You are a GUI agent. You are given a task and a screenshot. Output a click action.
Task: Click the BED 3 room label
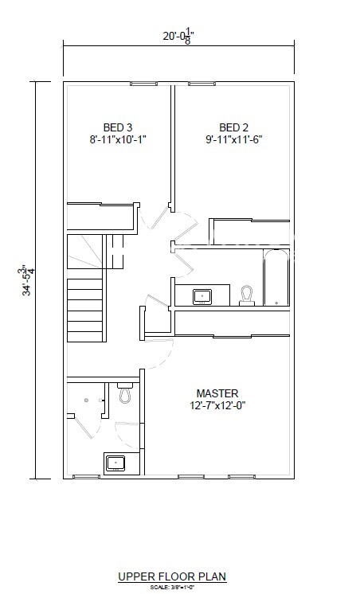pyautogui.click(x=117, y=127)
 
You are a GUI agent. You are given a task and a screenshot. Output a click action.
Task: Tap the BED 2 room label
pyautogui.click(x=234, y=127)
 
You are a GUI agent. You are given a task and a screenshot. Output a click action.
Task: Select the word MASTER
pyautogui.click(x=217, y=393)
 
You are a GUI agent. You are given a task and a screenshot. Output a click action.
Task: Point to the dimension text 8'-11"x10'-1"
pyautogui.click(x=117, y=139)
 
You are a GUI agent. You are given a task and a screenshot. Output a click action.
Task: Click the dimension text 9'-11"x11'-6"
pyautogui.click(x=234, y=139)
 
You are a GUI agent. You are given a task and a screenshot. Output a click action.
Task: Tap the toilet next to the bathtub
pyautogui.click(x=247, y=295)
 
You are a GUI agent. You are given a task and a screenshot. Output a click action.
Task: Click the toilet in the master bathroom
pyautogui.click(x=124, y=393)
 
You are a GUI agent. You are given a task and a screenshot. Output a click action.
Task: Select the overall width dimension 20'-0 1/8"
pyautogui.click(x=178, y=35)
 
